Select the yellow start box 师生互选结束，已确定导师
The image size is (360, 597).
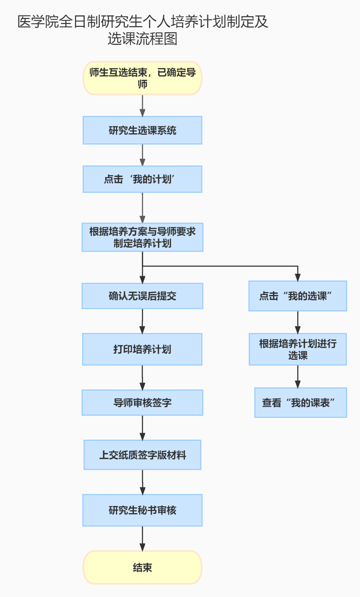pyautogui.click(x=143, y=78)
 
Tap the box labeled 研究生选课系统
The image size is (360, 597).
pyautogui.click(x=143, y=130)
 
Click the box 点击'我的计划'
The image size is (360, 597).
pyautogui.click(x=143, y=179)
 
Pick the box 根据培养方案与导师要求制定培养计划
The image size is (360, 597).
pyautogui.click(x=143, y=237)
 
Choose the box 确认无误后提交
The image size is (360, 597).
pyautogui.click(x=143, y=296)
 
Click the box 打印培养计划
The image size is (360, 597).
pyautogui.click(x=143, y=349)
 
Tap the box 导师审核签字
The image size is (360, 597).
pyautogui.click(x=143, y=403)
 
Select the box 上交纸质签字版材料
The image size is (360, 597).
pyautogui.click(x=143, y=455)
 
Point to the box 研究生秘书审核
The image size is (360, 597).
pyautogui.click(x=143, y=510)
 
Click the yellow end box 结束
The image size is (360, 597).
pyautogui.click(x=143, y=568)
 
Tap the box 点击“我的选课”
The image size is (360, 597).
pyautogui.click(x=298, y=296)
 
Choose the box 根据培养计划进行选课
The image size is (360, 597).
pyautogui.click(x=298, y=349)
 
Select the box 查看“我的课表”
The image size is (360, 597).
pyautogui.click(x=301, y=403)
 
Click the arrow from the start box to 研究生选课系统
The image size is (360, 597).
pyautogui.click(x=143, y=106)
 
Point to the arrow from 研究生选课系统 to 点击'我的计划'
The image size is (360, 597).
pyautogui.click(x=143, y=155)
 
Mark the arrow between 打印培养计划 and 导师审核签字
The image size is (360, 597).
pyautogui.click(x=143, y=377)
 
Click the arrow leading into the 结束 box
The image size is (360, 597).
pyautogui.click(x=143, y=539)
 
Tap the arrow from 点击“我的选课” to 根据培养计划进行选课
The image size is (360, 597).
pyautogui.click(x=298, y=322)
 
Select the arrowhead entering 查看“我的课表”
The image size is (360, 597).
pyautogui.click(x=298, y=385)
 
